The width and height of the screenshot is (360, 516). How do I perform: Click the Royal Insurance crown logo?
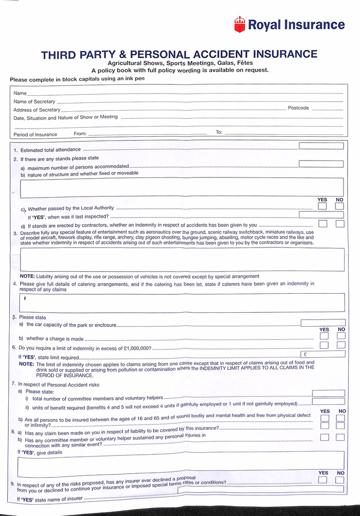[x=240, y=24]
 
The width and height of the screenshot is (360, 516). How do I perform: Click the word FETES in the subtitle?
[x=243, y=63]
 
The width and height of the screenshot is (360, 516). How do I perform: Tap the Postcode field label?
[x=298, y=108]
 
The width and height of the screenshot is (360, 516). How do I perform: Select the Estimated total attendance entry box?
[x=321, y=146]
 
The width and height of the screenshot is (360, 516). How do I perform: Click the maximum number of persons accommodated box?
[x=321, y=164]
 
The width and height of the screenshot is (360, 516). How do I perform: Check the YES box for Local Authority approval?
[x=322, y=206]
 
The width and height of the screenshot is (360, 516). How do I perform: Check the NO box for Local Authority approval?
[x=339, y=206]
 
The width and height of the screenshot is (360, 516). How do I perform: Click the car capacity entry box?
[x=322, y=323]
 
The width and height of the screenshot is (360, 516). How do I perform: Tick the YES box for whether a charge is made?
[x=324, y=336]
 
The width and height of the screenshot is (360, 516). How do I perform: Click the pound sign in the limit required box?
[x=305, y=354]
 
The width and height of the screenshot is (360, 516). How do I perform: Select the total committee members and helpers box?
[x=328, y=394]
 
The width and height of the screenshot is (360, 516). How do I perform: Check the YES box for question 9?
[x=322, y=480]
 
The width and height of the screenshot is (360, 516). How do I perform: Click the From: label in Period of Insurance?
[x=80, y=134]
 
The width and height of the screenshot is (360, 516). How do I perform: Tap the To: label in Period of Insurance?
[x=219, y=132]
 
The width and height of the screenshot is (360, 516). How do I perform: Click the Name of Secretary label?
[x=34, y=102]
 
